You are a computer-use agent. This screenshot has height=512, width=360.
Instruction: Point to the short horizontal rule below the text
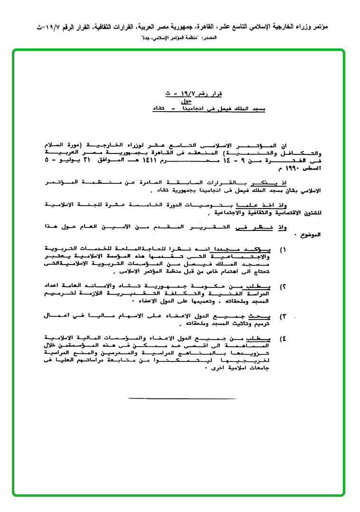[182, 398]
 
